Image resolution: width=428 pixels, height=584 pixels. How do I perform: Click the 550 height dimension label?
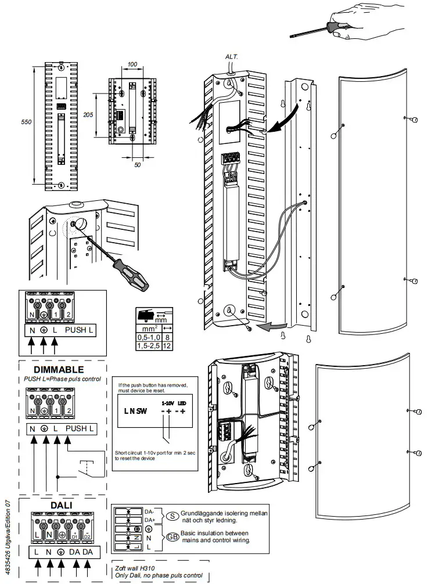(x=25, y=122)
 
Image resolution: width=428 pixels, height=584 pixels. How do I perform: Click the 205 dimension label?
(x=88, y=114)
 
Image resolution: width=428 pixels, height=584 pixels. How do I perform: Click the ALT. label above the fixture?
(x=232, y=56)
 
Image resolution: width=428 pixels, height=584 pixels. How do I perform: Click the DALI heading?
(x=61, y=504)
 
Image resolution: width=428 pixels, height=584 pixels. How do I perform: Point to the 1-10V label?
(x=169, y=402)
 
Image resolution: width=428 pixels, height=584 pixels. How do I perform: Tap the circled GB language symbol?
(x=172, y=536)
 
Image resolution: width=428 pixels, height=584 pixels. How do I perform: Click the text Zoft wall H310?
(x=136, y=568)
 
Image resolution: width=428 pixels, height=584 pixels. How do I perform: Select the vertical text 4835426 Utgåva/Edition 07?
(x=8, y=535)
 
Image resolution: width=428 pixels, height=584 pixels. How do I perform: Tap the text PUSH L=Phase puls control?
(x=62, y=379)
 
